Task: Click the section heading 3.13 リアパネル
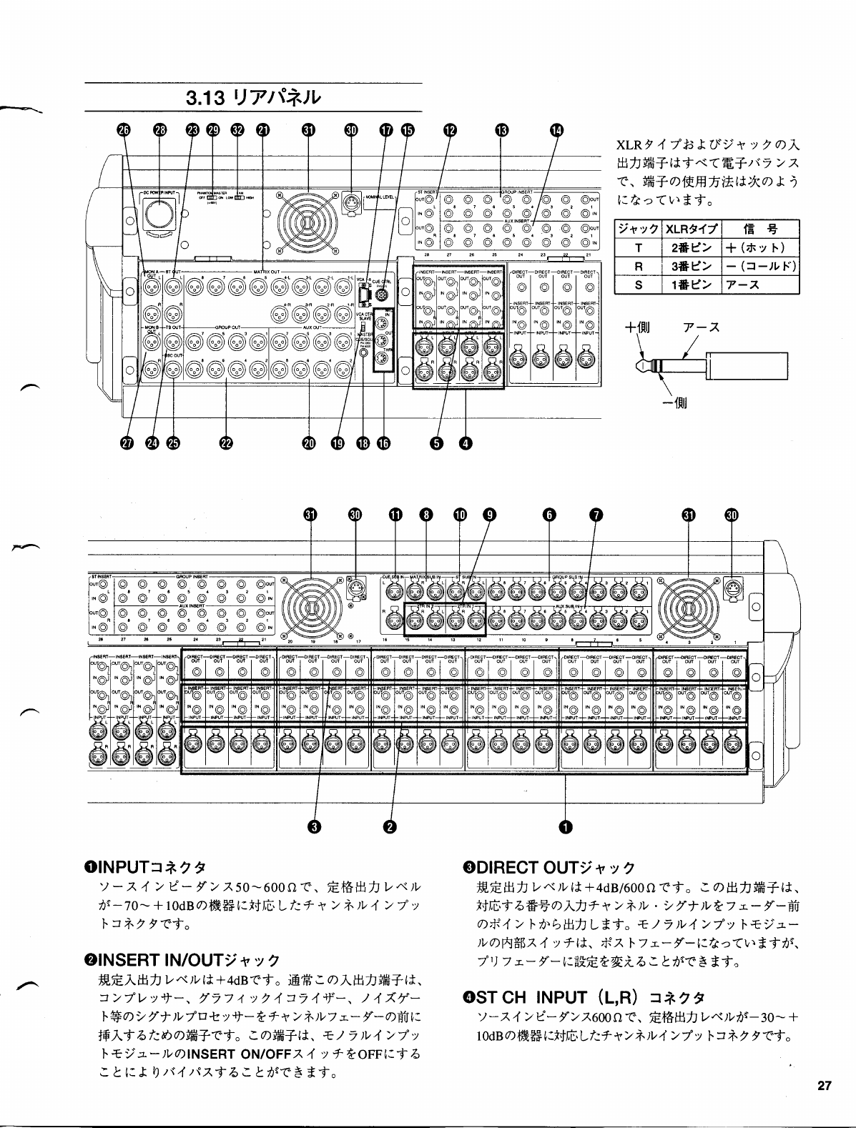pyautogui.click(x=253, y=97)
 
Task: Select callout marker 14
pyautogui.click(x=556, y=130)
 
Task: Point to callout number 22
pyautogui.click(x=226, y=444)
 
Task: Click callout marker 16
pyautogui.click(x=383, y=444)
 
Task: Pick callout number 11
pyautogui.click(x=395, y=515)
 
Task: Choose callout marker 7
pyautogui.click(x=596, y=515)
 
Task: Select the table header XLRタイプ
pyautogui.click(x=692, y=229)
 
